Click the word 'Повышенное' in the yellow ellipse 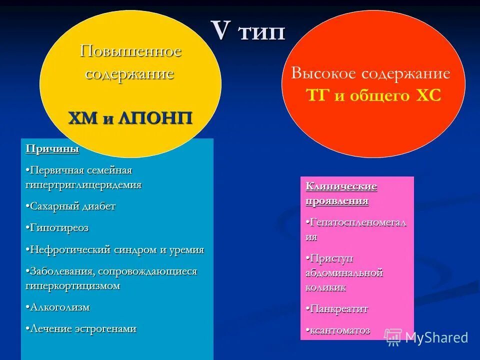131,51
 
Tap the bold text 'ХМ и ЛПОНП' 130,118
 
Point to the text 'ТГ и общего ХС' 373,95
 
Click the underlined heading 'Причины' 52,148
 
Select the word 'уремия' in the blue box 186,249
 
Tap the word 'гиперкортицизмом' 73,285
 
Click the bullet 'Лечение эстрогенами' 81,328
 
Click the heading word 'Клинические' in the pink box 341,186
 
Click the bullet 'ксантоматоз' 339,330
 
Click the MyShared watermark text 436,337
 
